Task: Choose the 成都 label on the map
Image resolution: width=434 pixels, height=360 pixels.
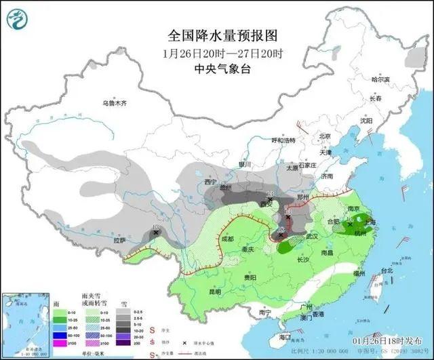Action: click(226, 239)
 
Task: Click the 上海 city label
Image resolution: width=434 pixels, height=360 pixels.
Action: click(370, 220)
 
